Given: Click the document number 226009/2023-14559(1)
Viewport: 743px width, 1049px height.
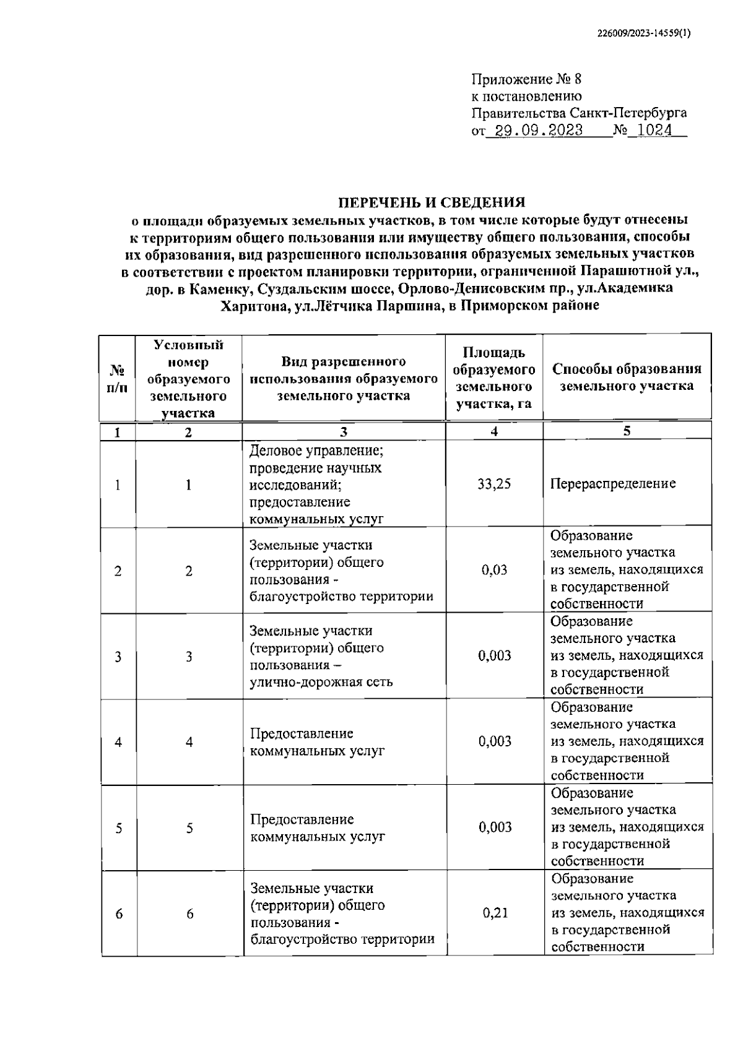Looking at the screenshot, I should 644,35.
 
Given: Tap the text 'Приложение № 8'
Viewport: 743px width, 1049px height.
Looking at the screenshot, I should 526,79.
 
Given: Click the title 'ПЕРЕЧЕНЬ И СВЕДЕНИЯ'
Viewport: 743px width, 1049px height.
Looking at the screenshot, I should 431,202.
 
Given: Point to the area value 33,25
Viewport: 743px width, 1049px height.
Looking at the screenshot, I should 494,484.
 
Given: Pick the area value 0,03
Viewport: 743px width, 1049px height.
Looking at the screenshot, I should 494,570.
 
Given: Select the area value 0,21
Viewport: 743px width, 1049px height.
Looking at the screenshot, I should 495,913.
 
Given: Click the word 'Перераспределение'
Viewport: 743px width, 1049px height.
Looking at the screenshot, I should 612,483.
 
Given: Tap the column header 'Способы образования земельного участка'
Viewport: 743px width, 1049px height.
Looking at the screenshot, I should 627,377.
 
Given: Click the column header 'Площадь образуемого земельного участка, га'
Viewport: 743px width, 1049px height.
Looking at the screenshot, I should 493,378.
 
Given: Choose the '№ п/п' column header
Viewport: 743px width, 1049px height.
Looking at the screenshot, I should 118,378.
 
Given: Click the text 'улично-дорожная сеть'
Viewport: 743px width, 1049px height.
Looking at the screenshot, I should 321,682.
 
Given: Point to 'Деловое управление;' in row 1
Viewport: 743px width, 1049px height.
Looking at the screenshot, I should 316,450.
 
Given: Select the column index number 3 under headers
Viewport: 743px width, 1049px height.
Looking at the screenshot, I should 344,432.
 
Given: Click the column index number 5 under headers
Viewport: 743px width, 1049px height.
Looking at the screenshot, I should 627,431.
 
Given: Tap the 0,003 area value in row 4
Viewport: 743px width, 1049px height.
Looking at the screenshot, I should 495,741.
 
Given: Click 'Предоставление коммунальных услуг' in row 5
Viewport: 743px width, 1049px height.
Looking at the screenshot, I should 317,827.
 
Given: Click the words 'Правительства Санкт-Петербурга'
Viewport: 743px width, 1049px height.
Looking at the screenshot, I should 579,113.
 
